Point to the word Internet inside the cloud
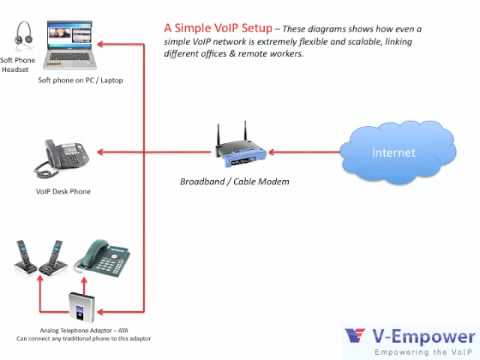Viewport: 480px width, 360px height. (x=393, y=153)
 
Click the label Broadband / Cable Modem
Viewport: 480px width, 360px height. (x=233, y=182)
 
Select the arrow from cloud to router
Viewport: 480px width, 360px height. (x=306, y=153)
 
